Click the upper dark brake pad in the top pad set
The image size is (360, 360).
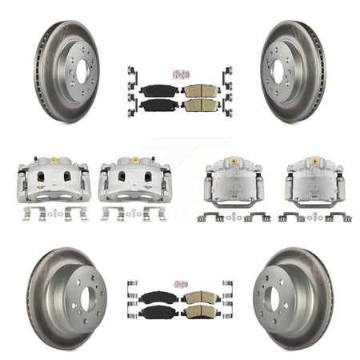(158, 90)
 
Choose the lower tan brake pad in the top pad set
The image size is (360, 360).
(200, 105)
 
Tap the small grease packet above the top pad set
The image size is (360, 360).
(179, 74)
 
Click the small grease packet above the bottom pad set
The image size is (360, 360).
(179, 283)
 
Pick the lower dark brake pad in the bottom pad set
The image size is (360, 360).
(158, 312)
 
